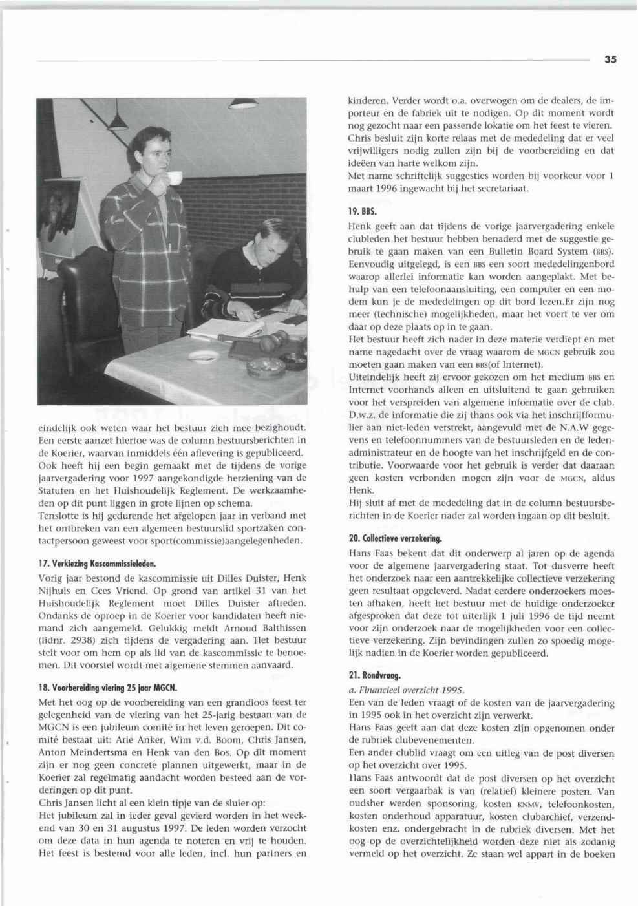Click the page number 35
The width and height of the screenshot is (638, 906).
(x=611, y=59)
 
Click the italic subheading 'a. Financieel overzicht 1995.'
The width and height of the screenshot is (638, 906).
(x=406, y=690)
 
